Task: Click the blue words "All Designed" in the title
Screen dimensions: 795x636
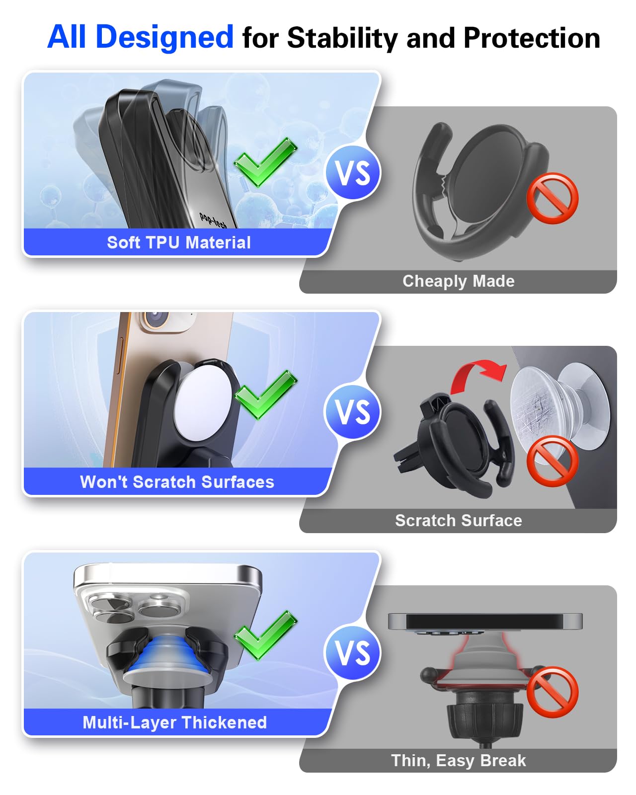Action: (140, 37)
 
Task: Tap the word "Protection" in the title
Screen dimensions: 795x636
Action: (532, 38)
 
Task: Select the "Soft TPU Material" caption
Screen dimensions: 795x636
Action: (179, 242)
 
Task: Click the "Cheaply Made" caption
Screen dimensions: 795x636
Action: (458, 281)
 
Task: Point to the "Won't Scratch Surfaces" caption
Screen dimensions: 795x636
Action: (177, 482)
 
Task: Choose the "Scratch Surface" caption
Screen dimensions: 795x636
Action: (458, 521)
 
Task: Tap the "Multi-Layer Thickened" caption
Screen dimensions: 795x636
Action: (175, 722)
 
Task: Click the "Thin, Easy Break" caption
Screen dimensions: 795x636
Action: (458, 761)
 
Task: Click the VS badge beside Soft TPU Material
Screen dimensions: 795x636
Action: (353, 173)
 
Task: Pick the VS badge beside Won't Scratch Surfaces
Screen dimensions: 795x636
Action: (353, 412)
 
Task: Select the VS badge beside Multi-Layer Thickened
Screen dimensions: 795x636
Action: (353, 652)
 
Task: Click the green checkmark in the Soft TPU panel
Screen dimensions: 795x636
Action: (266, 161)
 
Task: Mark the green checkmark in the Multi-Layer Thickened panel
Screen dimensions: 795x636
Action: (266, 635)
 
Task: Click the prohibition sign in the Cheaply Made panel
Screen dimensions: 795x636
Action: (553, 198)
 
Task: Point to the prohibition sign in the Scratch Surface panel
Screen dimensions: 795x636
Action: (553, 461)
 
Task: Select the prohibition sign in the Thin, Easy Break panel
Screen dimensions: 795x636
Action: (553, 692)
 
